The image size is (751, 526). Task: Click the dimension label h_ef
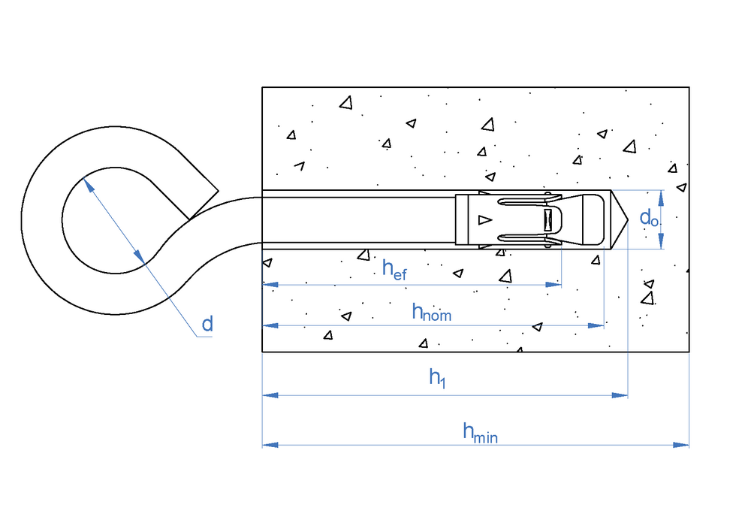(394, 269)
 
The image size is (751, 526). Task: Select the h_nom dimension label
(432, 311)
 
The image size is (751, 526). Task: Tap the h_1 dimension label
(437, 379)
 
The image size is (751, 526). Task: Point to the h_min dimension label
(480, 431)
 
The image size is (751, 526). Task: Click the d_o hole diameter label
(649, 218)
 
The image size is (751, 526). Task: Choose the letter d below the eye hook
(207, 325)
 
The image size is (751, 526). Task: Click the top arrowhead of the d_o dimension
(661, 197)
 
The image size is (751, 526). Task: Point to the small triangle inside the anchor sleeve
(484, 219)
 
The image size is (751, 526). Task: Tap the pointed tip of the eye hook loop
(218, 189)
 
